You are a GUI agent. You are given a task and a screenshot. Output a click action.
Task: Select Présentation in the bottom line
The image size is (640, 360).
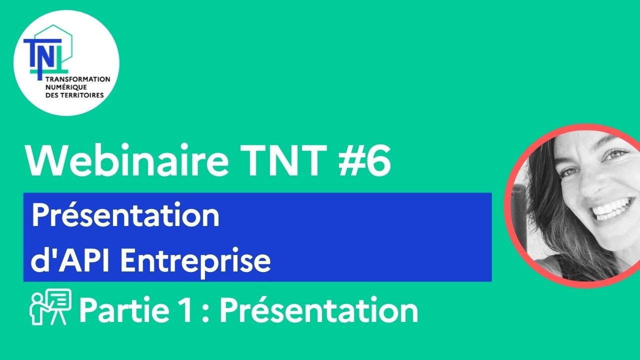click(318, 311)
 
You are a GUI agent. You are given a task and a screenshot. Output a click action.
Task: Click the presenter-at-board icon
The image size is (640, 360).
click(50, 307)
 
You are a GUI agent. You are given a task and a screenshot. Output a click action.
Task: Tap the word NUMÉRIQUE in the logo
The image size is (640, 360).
click(62, 87)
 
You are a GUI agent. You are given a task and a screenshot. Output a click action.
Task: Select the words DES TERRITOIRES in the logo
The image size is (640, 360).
click(74, 94)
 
